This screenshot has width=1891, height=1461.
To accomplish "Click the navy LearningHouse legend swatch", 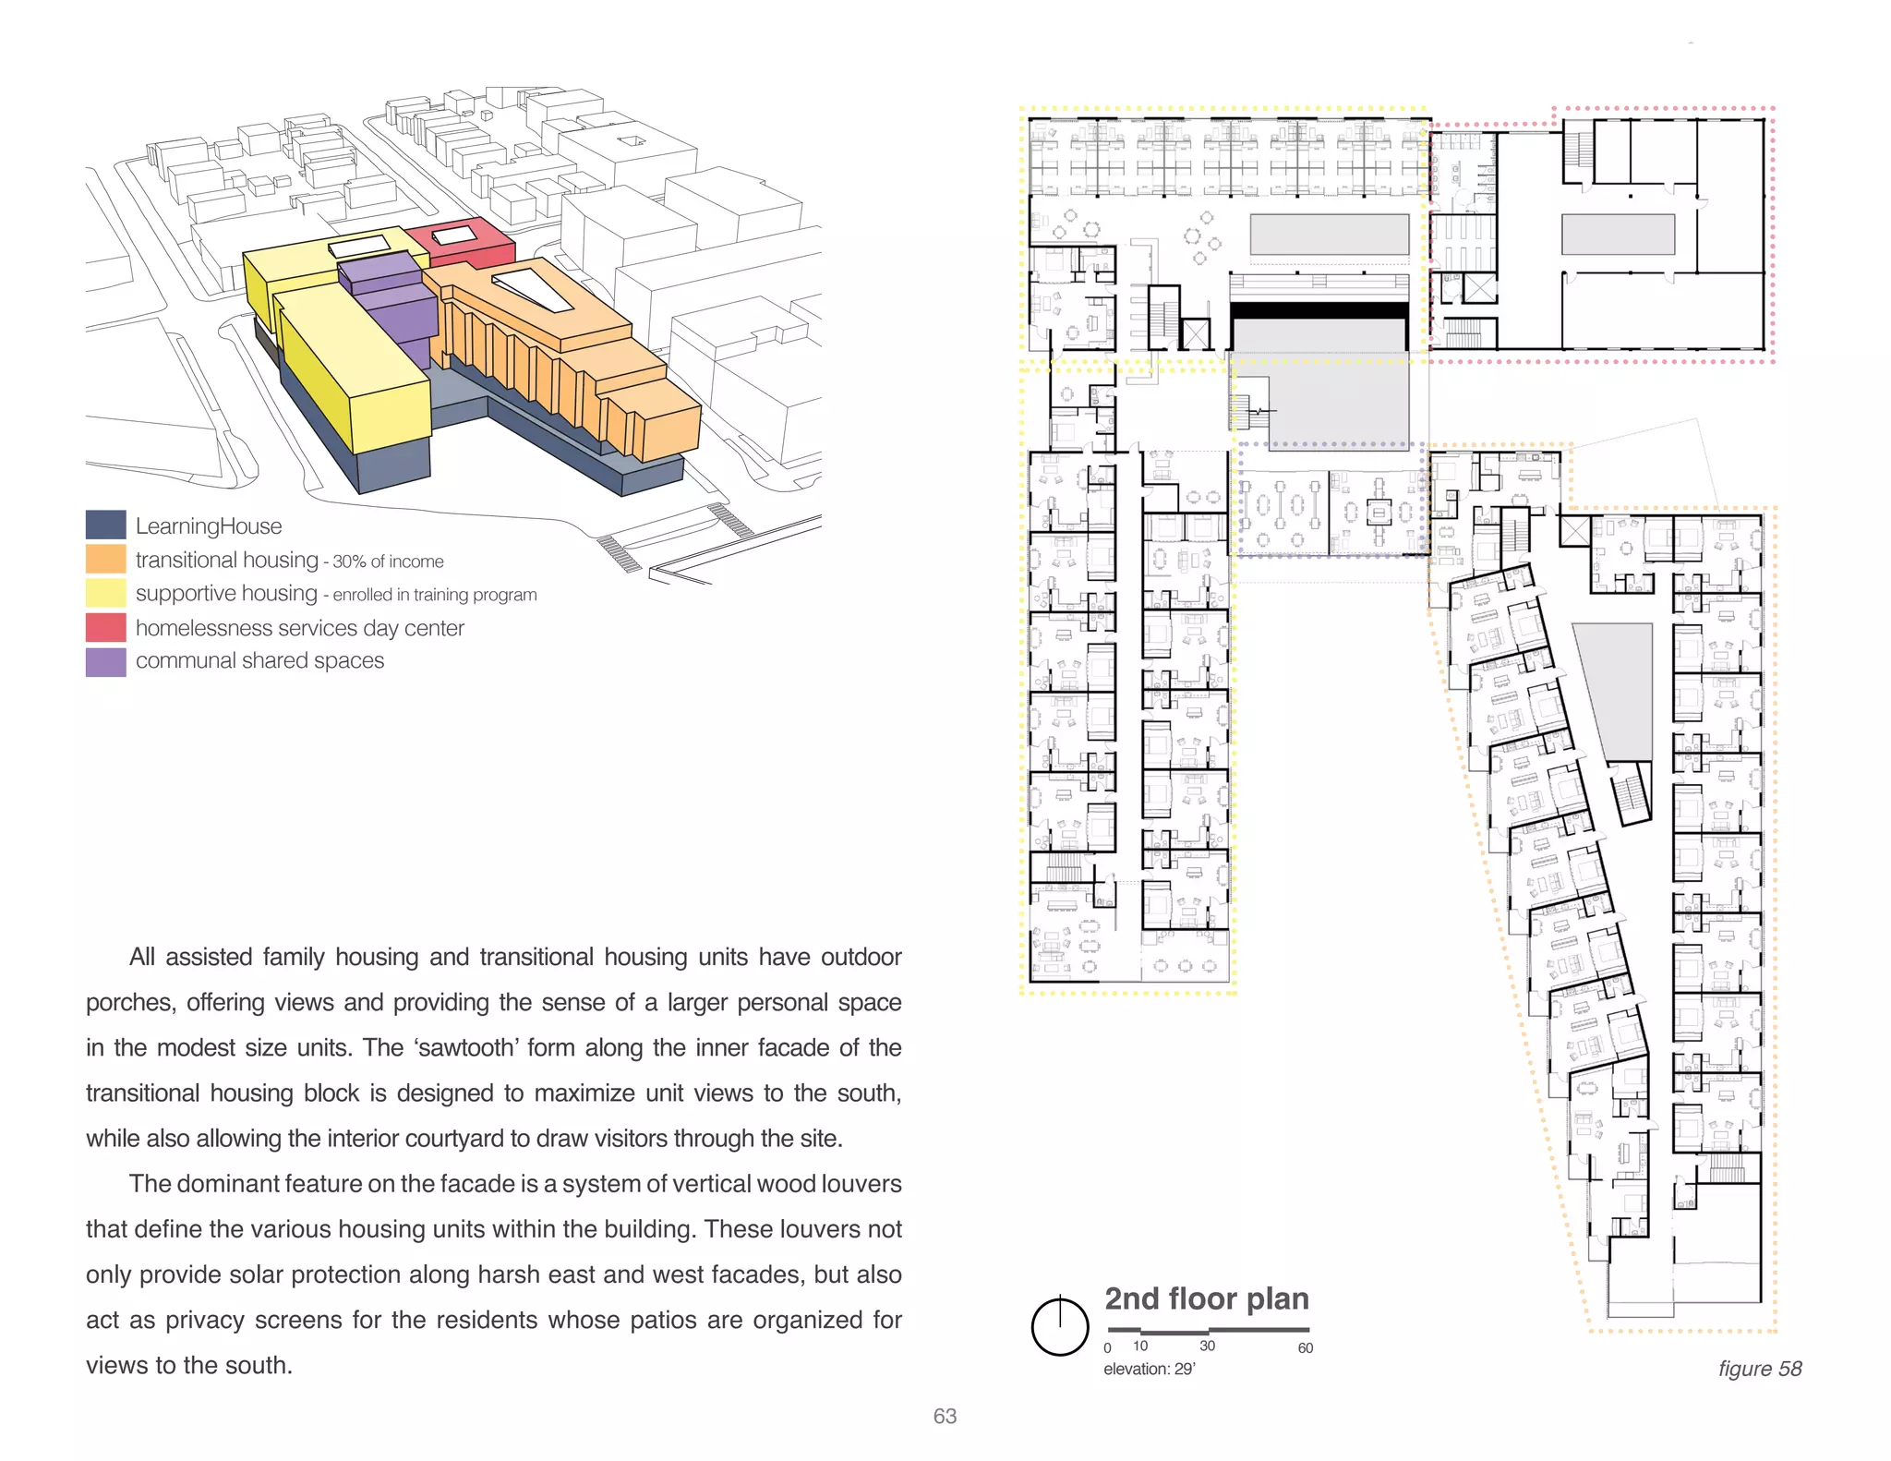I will click(105, 525).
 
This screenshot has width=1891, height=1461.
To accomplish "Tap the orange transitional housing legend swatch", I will click(105, 559).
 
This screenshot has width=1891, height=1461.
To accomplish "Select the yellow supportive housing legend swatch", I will click(105, 593).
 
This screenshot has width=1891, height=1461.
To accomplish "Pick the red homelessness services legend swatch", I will click(105, 627).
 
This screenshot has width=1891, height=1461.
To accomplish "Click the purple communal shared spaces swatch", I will click(105, 661).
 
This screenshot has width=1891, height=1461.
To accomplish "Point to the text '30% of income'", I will click(388, 561).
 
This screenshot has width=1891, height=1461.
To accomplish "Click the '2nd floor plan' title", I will click(1207, 1298).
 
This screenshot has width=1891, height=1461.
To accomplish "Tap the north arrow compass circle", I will click(1060, 1327).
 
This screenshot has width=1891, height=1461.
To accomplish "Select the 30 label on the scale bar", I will click(1207, 1346).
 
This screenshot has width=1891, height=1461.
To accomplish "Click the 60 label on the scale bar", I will click(1305, 1348).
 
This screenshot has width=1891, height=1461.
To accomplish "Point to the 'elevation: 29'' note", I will click(1149, 1370).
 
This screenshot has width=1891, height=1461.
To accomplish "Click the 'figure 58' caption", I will click(1759, 1369).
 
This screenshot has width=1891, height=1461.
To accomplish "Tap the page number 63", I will click(945, 1416).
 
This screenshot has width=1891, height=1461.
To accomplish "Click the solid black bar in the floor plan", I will click(1319, 311).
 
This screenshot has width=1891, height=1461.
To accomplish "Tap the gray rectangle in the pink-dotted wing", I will click(1618, 235).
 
